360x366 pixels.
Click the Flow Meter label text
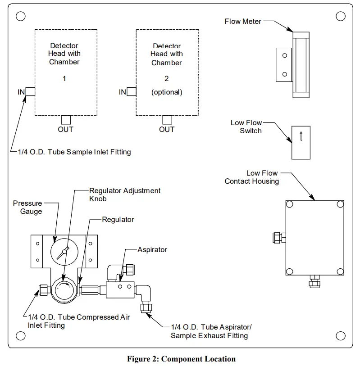click(243, 21)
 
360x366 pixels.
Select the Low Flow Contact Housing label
click(252, 177)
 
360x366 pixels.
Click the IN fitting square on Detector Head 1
click(31, 92)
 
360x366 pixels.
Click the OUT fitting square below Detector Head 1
click(66, 120)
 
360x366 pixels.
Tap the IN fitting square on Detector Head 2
click(132, 92)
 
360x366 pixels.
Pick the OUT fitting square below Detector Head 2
click(167, 120)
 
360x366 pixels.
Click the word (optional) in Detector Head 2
click(167, 92)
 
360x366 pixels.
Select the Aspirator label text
click(152, 249)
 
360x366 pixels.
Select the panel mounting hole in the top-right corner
click(341, 17)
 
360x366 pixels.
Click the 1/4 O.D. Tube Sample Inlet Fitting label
click(74, 152)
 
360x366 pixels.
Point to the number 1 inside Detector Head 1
click(64, 78)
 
